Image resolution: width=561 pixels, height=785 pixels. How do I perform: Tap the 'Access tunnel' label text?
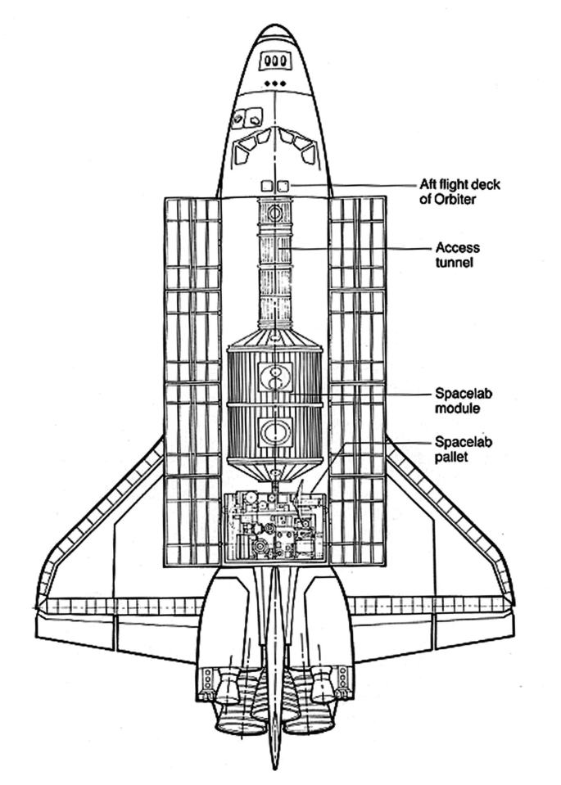[x=457, y=255]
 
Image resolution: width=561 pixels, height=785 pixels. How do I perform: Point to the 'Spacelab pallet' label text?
[x=464, y=449]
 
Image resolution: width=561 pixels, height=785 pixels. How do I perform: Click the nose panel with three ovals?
[x=275, y=61]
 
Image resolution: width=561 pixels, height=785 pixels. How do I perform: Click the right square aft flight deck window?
[x=283, y=186]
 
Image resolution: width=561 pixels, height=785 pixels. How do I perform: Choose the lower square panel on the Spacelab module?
[x=275, y=431]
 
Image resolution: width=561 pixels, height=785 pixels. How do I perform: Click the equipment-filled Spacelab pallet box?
[x=274, y=528]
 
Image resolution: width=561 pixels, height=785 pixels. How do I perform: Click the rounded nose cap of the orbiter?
[x=275, y=33]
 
